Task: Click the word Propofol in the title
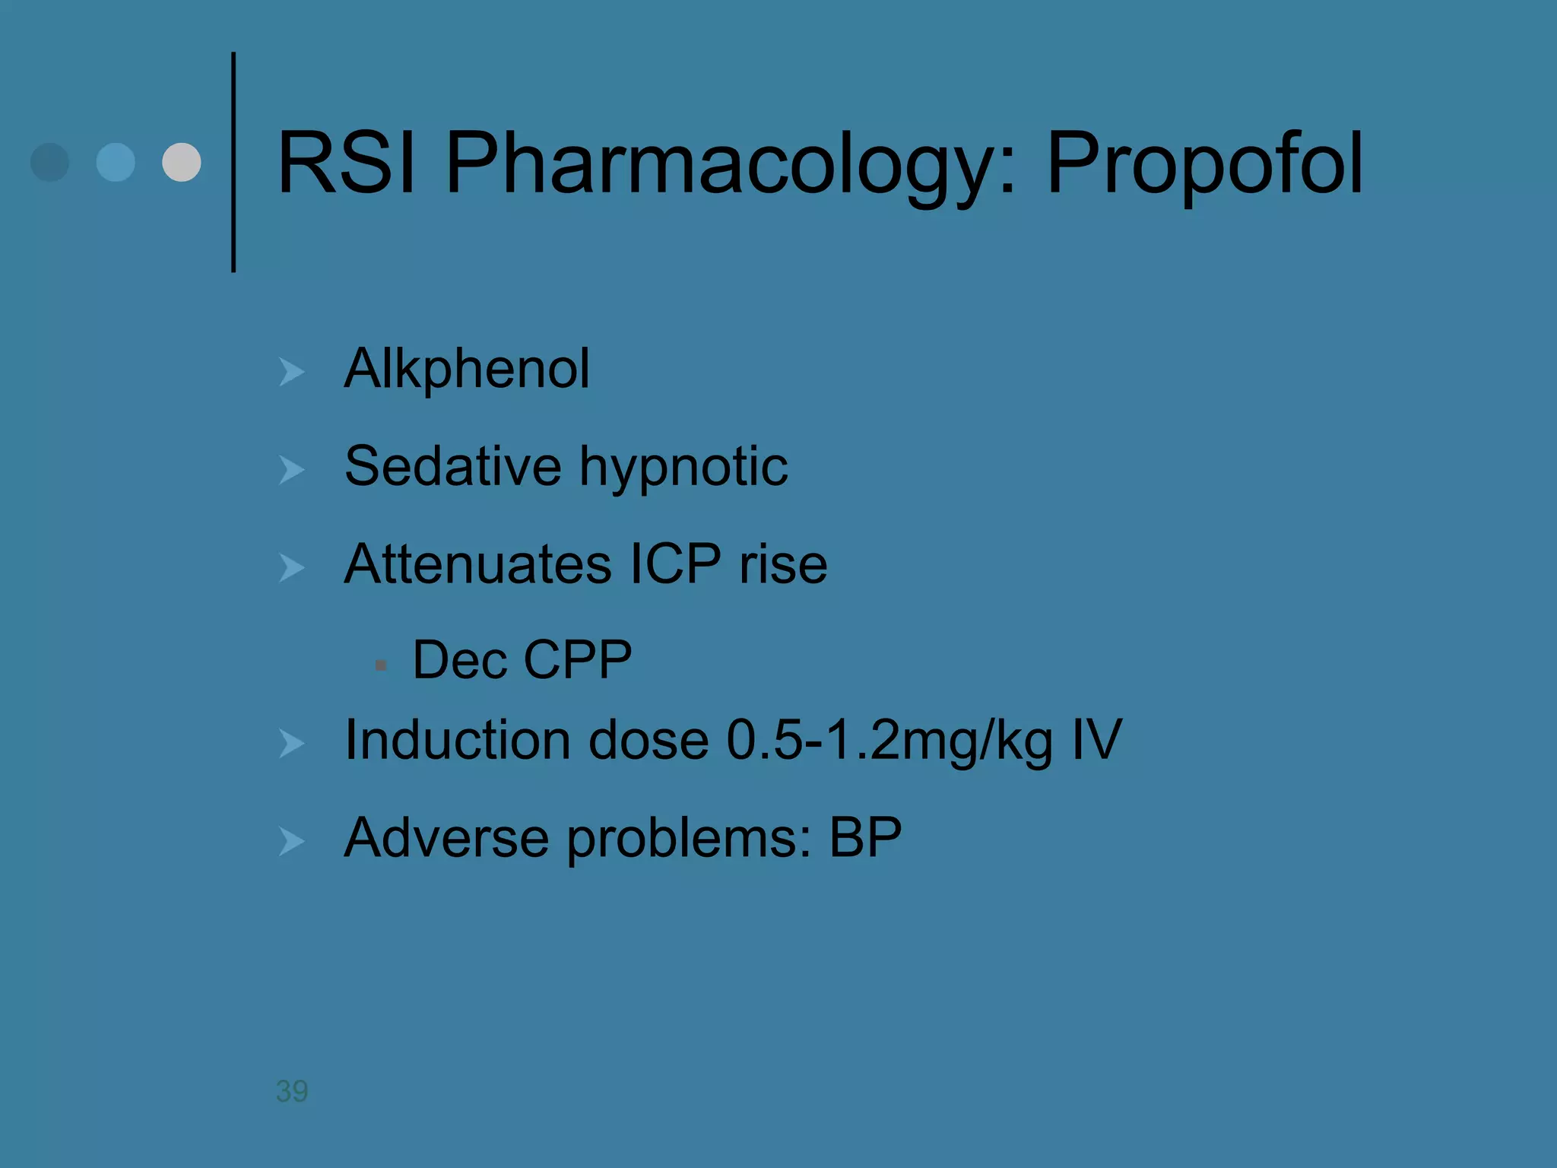pos(1205,164)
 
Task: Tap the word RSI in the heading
pos(347,164)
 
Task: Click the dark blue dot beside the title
pos(50,162)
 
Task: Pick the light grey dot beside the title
pos(182,162)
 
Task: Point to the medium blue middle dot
pos(116,162)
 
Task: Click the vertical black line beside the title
pos(233,162)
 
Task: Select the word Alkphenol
pos(467,370)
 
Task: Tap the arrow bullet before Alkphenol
pos(291,372)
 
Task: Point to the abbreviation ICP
pos(676,564)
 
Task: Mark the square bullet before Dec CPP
pos(381,665)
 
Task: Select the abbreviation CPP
pos(578,659)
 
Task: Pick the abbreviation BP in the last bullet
pos(865,838)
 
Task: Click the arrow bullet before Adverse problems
pos(291,841)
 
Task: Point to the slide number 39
pos(292,1091)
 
